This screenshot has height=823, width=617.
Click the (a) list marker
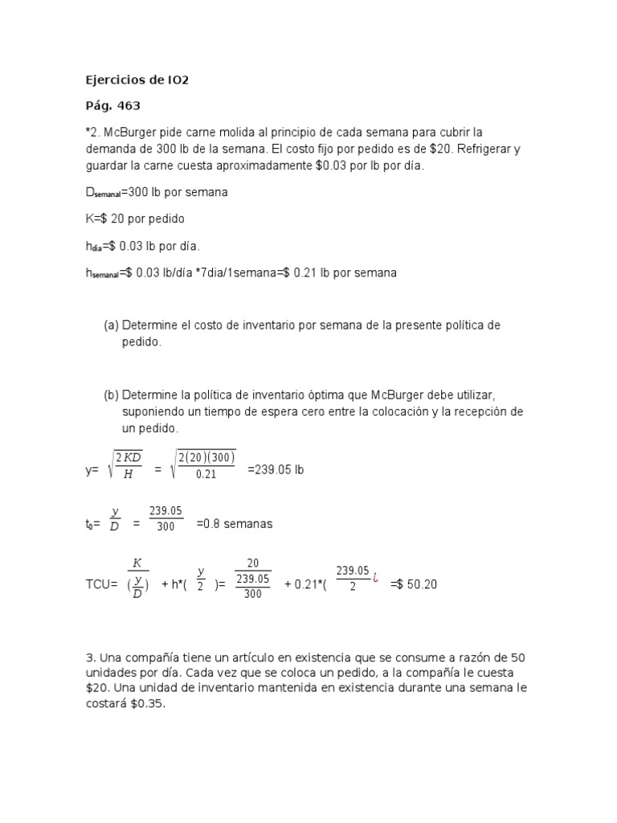point(111,326)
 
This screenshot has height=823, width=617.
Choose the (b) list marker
point(111,395)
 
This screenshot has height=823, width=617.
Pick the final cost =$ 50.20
point(414,584)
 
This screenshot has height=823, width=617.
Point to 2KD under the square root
point(129,457)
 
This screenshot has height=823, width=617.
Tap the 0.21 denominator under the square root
point(206,474)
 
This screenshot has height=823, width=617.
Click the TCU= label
point(102,584)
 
